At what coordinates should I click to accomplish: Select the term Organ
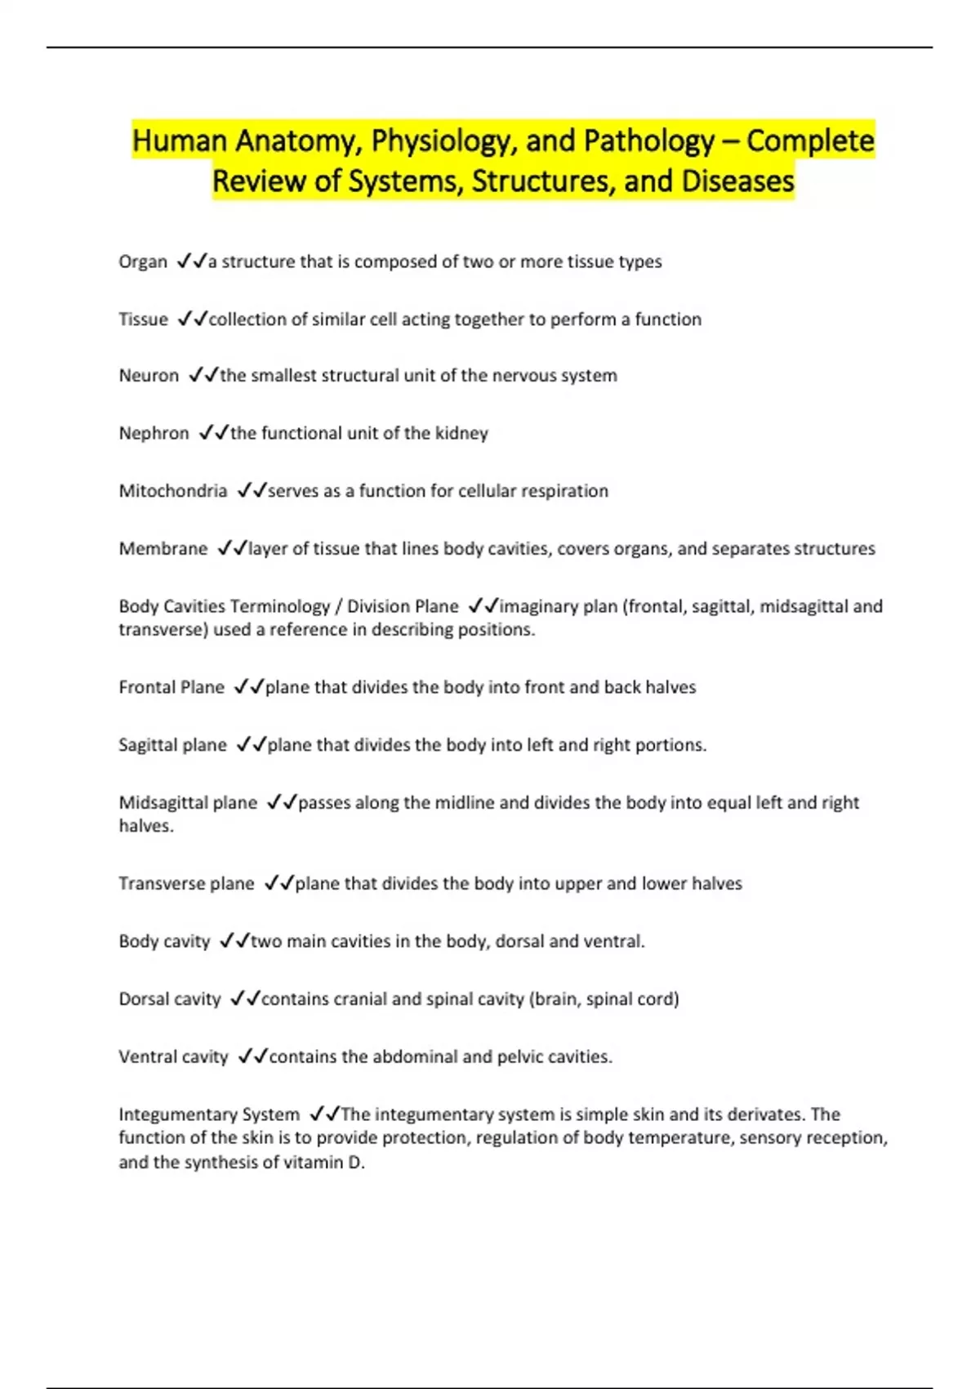pos(143,262)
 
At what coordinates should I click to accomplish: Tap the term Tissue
pos(143,319)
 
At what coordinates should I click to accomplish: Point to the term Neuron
pos(149,376)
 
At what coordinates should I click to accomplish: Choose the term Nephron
pos(154,433)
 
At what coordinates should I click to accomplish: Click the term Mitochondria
pos(173,491)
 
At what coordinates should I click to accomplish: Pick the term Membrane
pos(163,548)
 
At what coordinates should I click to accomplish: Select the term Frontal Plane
pos(171,687)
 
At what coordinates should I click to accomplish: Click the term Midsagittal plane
pos(188,803)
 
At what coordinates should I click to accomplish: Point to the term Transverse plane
pos(186,884)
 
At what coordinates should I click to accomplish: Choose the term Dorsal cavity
pos(170,999)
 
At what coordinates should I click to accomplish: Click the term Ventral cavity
pos(173,1057)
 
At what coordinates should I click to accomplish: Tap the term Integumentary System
pos(209,1114)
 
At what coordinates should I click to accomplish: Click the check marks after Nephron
pos(214,432)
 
